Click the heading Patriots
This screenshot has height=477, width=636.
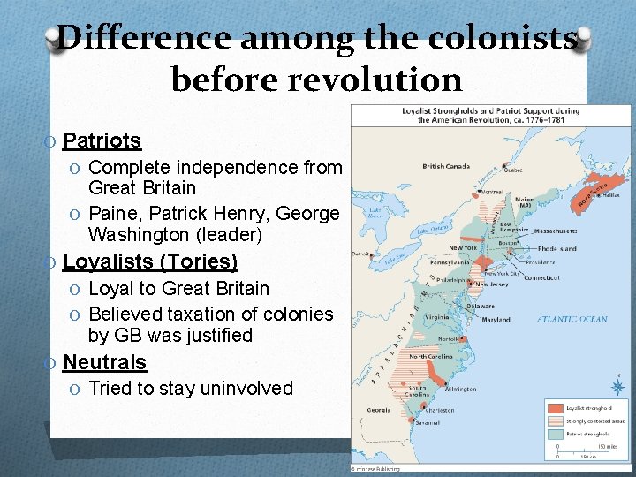[102, 140]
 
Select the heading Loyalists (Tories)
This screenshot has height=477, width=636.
[150, 261]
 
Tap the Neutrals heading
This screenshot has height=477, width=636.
[104, 362]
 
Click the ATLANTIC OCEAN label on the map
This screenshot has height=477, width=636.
[574, 319]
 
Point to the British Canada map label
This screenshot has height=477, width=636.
[445, 166]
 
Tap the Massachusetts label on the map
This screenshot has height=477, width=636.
[556, 230]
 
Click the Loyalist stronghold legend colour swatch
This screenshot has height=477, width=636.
[554, 408]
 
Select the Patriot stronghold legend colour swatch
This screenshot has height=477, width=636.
[554, 434]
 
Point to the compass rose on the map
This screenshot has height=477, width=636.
[617, 386]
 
